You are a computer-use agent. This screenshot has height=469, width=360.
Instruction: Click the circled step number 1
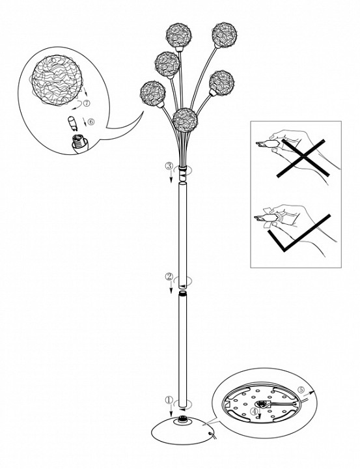point(169,400)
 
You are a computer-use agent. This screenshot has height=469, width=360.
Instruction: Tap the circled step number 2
point(169,277)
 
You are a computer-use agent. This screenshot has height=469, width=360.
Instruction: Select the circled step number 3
point(169,166)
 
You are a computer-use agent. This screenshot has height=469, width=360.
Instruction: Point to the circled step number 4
point(253,412)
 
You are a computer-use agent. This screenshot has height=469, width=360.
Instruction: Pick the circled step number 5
point(301,390)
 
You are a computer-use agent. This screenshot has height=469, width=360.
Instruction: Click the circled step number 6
point(91,121)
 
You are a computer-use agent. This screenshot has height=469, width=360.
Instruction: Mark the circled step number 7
point(86,103)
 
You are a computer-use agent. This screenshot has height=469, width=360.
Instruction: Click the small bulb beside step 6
point(72,123)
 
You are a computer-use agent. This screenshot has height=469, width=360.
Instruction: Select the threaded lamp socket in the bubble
point(80,143)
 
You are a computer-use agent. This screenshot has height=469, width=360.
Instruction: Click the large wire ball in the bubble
point(57,80)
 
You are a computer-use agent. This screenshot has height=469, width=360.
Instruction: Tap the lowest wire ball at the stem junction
point(185,120)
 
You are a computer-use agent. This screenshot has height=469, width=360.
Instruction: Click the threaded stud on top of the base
point(182,419)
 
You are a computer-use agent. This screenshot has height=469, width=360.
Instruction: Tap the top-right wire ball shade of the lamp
point(224,35)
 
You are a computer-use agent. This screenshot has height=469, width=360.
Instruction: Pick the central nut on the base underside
point(262,405)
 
